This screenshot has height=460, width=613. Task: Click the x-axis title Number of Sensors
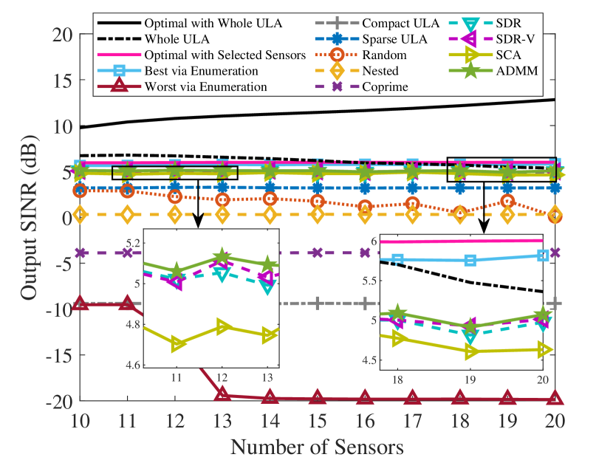[x=318, y=446]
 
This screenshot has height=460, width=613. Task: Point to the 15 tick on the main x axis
[x=318, y=422]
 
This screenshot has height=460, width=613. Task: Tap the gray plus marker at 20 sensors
[x=555, y=303]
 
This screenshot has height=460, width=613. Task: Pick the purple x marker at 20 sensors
[x=555, y=253]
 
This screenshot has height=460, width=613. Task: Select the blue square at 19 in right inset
[x=470, y=261]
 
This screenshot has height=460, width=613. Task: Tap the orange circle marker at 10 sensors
[x=81, y=190]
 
